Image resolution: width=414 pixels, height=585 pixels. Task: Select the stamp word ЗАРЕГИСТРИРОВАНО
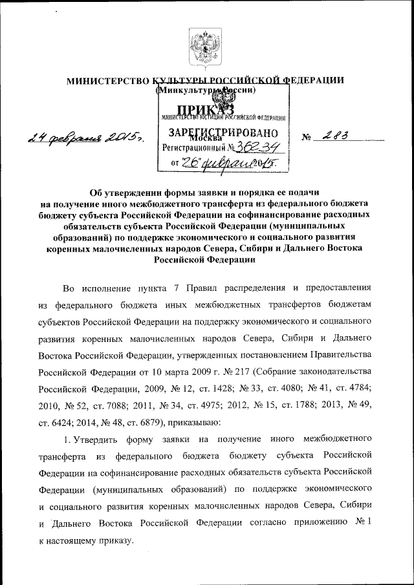click(223, 133)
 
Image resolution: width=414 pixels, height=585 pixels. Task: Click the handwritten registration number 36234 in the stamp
click(250, 147)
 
